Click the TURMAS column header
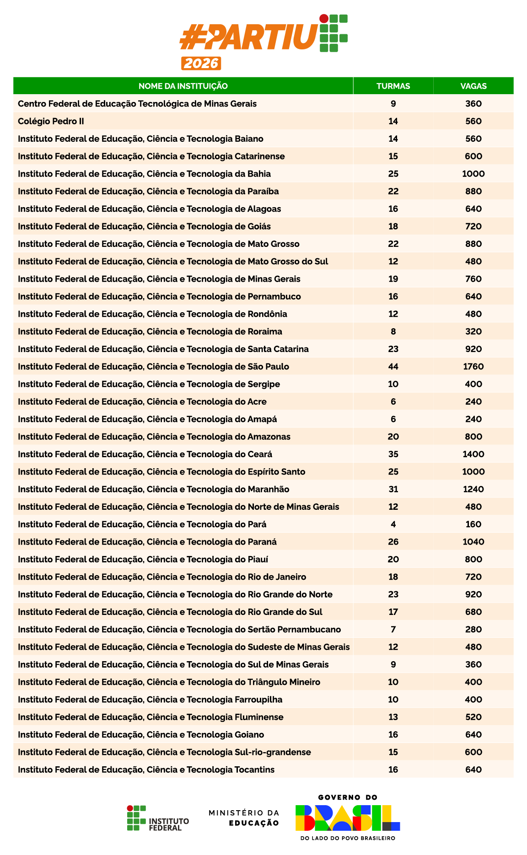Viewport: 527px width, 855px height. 393,86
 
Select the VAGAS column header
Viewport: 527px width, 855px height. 473,86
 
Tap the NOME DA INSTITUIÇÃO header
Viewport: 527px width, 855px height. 183,86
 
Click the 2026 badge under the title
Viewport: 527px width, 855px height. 201,63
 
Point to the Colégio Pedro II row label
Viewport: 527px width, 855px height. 51,121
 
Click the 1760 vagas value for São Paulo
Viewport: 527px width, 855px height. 473,367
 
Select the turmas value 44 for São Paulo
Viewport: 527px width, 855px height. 393,367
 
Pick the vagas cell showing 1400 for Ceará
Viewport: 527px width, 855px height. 473,454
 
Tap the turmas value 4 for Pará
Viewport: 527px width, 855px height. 393,524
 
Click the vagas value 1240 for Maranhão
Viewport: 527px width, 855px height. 473,489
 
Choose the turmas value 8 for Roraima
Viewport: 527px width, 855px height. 393,331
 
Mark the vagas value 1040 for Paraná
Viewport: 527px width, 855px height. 473,542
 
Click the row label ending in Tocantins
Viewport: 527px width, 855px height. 146,769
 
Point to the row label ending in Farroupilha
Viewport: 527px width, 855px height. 150,700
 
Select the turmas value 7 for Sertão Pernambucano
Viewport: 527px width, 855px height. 393,630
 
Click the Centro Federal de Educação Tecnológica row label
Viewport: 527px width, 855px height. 137,104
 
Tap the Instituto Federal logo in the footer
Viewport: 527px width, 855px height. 157,818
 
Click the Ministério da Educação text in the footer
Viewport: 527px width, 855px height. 244,818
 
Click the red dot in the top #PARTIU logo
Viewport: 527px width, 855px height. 324,19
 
